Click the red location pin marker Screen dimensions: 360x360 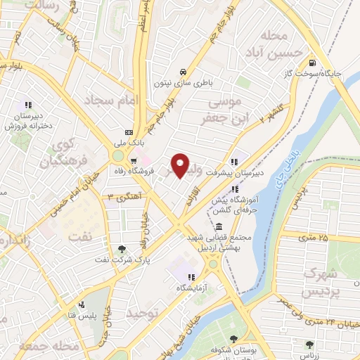click(x=181, y=165)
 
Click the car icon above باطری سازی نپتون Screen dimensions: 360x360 click(x=183, y=72)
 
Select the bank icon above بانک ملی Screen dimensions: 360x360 click(x=128, y=132)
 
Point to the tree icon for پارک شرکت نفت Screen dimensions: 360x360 click(x=122, y=249)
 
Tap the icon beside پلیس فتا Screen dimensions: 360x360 click(x=83, y=304)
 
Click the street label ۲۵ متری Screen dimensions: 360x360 click(x=313, y=238)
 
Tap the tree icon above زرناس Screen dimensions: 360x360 click(x=310, y=344)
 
